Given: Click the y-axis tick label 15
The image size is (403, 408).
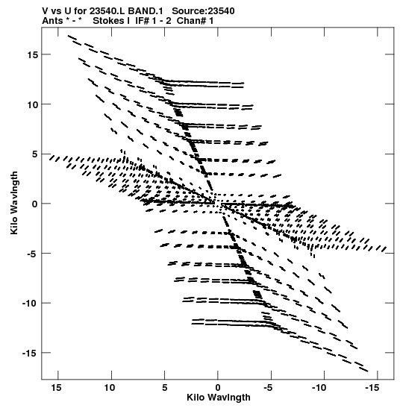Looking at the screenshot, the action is point(33,54).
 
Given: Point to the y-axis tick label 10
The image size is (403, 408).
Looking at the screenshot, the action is point(33,104).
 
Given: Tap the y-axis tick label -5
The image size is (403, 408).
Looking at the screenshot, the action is point(32,254).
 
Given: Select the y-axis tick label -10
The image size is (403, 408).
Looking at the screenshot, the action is point(30,304).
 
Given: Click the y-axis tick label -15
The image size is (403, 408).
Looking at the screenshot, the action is point(30,353).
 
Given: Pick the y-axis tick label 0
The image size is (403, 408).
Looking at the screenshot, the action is point(34,204).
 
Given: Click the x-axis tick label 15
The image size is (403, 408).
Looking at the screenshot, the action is point(56,388).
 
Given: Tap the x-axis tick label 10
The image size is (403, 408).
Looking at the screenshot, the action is point(110,388).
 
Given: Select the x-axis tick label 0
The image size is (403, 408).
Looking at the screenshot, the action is point(218,388).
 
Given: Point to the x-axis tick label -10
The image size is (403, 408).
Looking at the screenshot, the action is point(319,388).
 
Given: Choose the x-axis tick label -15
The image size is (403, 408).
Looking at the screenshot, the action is point(372,388).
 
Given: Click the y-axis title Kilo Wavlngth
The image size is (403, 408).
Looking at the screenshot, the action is point(14,203).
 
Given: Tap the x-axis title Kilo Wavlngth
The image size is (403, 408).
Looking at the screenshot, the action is point(219,398).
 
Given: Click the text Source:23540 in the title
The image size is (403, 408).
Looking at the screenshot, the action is point(203,11).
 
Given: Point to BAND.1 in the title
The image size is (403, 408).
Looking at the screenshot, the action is point(146,11).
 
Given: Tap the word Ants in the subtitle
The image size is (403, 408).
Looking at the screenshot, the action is point(52,21).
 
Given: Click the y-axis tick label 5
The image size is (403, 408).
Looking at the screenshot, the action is point(34,154).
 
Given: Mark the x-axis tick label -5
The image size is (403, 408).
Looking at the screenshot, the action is point(268,388).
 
